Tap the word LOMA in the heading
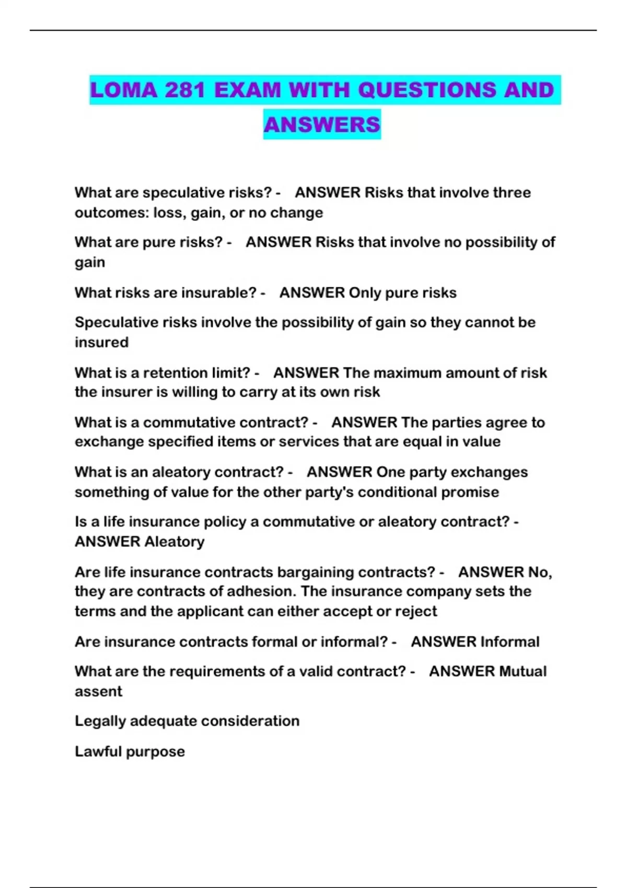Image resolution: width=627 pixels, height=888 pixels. click(x=124, y=90)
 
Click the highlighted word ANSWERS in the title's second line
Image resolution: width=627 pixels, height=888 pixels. click(x=322, y=124)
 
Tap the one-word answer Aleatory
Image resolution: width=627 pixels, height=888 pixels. click(x=174, y=542)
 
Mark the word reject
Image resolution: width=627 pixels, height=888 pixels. click(x=416, y=611)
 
